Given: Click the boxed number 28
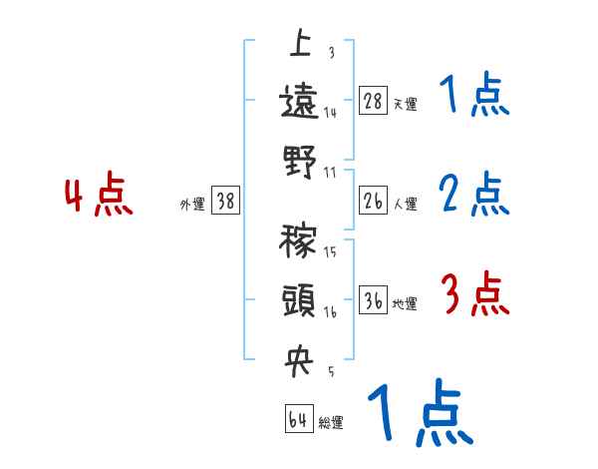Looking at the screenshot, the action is pos(372,101).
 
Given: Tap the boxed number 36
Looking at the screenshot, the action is pos(372,301).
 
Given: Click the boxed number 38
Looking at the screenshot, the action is pos(225,202).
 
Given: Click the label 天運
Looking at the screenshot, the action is pos(405,103).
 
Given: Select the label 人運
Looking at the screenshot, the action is pos(405,204).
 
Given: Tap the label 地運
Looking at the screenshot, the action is pos(405,303).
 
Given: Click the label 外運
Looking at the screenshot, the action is pos(191,204).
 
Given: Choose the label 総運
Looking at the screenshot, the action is pos(331,422).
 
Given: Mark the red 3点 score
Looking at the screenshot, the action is pos(474,294).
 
